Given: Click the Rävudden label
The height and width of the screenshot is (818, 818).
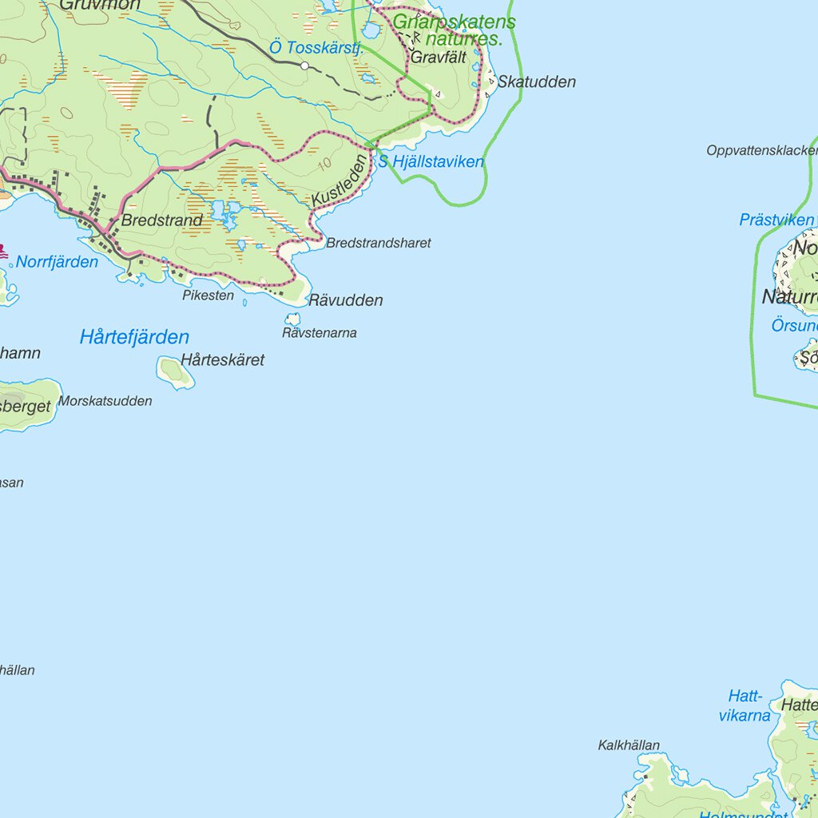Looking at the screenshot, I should coord(345,301).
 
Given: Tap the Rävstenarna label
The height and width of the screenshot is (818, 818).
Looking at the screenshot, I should coord(319,333).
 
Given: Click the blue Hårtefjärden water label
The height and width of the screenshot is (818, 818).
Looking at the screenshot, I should coord(134,337).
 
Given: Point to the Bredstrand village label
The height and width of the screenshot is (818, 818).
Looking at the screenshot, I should coord(162,220).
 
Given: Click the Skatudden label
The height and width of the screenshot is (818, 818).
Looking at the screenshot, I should coord(536,82).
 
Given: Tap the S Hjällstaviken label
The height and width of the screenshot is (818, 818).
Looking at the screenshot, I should coord(431,162).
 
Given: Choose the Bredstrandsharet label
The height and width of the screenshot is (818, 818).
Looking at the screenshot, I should coord(378,243).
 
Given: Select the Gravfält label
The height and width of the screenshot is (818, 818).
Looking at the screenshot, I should coord(438,58).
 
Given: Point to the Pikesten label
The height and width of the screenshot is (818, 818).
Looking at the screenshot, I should coord(208,296).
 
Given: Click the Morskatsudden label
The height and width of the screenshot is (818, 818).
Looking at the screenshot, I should coord(105,401).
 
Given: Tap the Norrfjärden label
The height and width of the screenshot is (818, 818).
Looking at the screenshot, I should coord(57,262).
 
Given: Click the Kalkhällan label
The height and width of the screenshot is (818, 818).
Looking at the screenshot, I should coord(629,745).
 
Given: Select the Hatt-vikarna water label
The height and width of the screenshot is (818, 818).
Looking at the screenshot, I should coord(745,706).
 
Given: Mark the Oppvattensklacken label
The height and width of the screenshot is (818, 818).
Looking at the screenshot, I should coord(761,150).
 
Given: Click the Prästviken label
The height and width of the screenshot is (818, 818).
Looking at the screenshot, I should coord(776,220).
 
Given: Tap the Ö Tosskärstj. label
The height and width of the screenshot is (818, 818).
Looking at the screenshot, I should coord(316,48).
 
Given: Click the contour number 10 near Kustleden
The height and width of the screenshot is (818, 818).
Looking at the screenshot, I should coord(324,165).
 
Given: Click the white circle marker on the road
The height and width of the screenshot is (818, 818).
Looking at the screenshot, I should coord(304,66).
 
